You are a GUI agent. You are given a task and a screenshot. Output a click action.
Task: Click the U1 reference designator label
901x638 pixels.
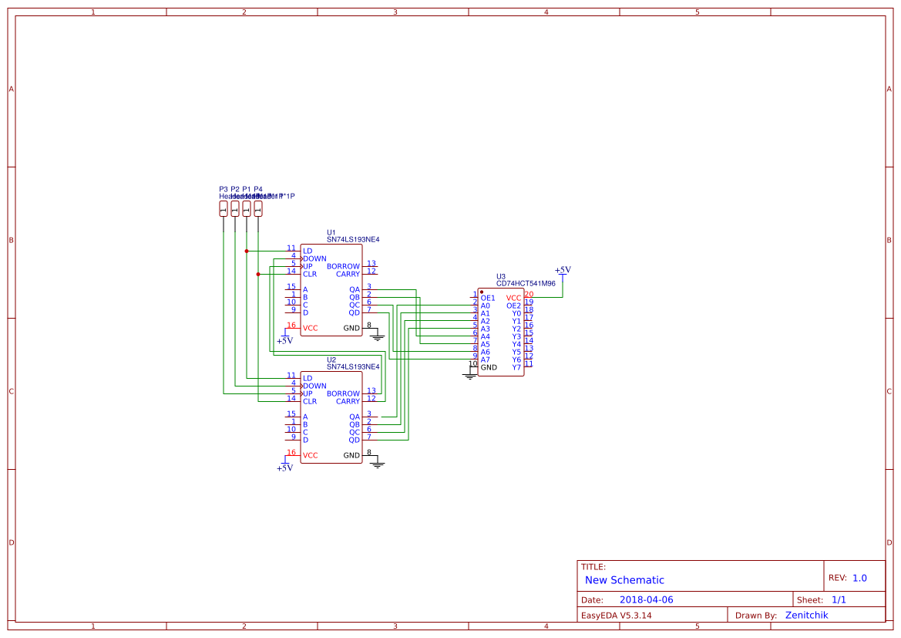[331, 232]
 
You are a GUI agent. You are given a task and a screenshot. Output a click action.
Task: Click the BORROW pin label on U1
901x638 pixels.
[343, 267]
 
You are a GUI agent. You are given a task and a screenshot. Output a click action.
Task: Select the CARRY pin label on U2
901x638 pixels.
[348, 402]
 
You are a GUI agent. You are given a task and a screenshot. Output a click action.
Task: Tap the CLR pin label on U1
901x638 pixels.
[309, 275]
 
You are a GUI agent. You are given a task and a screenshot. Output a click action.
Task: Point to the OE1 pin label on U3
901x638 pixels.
[487, 299]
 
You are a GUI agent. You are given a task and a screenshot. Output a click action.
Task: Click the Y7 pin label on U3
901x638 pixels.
[516, 368]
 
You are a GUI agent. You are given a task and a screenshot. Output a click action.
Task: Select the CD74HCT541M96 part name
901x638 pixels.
[526, 284]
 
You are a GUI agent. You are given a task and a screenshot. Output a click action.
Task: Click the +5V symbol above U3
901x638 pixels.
[563, 271]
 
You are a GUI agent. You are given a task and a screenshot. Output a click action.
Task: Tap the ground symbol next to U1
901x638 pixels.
[377, 336]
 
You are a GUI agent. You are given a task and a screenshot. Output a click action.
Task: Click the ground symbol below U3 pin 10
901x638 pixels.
[469, 376]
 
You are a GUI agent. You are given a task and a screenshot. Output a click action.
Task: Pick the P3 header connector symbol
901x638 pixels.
[224, 208]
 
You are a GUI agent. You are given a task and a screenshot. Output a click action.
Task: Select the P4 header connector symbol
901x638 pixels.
[258, 208]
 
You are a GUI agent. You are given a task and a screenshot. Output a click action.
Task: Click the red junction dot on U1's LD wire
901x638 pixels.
[247, 251]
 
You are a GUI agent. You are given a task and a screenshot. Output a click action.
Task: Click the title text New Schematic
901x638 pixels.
[624, 580]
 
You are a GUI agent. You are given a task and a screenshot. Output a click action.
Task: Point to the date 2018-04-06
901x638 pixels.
[646, 600]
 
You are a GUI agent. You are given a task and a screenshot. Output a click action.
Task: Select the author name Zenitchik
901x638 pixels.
[806, 616]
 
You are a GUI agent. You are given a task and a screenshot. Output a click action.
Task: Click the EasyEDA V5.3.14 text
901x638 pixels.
[616, 616]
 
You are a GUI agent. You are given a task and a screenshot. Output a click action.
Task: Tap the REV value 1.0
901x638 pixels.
[859, 578]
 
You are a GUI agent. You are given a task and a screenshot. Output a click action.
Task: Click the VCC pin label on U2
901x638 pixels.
[310, 456]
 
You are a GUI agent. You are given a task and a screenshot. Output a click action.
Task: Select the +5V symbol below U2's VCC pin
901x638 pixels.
[284, 467]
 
